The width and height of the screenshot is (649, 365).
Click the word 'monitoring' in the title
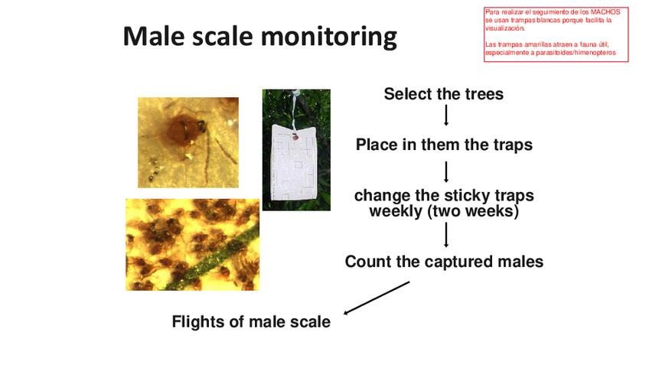[328, 37]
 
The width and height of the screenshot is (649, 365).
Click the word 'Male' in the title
[155, 36]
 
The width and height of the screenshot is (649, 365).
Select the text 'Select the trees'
[444, 94]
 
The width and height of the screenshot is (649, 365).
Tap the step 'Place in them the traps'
[444, 145]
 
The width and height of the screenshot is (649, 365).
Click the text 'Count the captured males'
[444, 262]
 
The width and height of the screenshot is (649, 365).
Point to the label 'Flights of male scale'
[251, 321]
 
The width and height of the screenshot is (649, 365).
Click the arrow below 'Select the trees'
[446, 115]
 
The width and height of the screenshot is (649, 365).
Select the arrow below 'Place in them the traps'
[446, 171]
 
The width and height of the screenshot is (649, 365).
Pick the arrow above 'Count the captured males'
[446, 235]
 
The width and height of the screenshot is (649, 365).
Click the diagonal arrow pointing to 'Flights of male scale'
[377, 298]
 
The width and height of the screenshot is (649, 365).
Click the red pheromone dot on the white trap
[295, 136]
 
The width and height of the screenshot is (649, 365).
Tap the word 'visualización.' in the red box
[505, 28]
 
